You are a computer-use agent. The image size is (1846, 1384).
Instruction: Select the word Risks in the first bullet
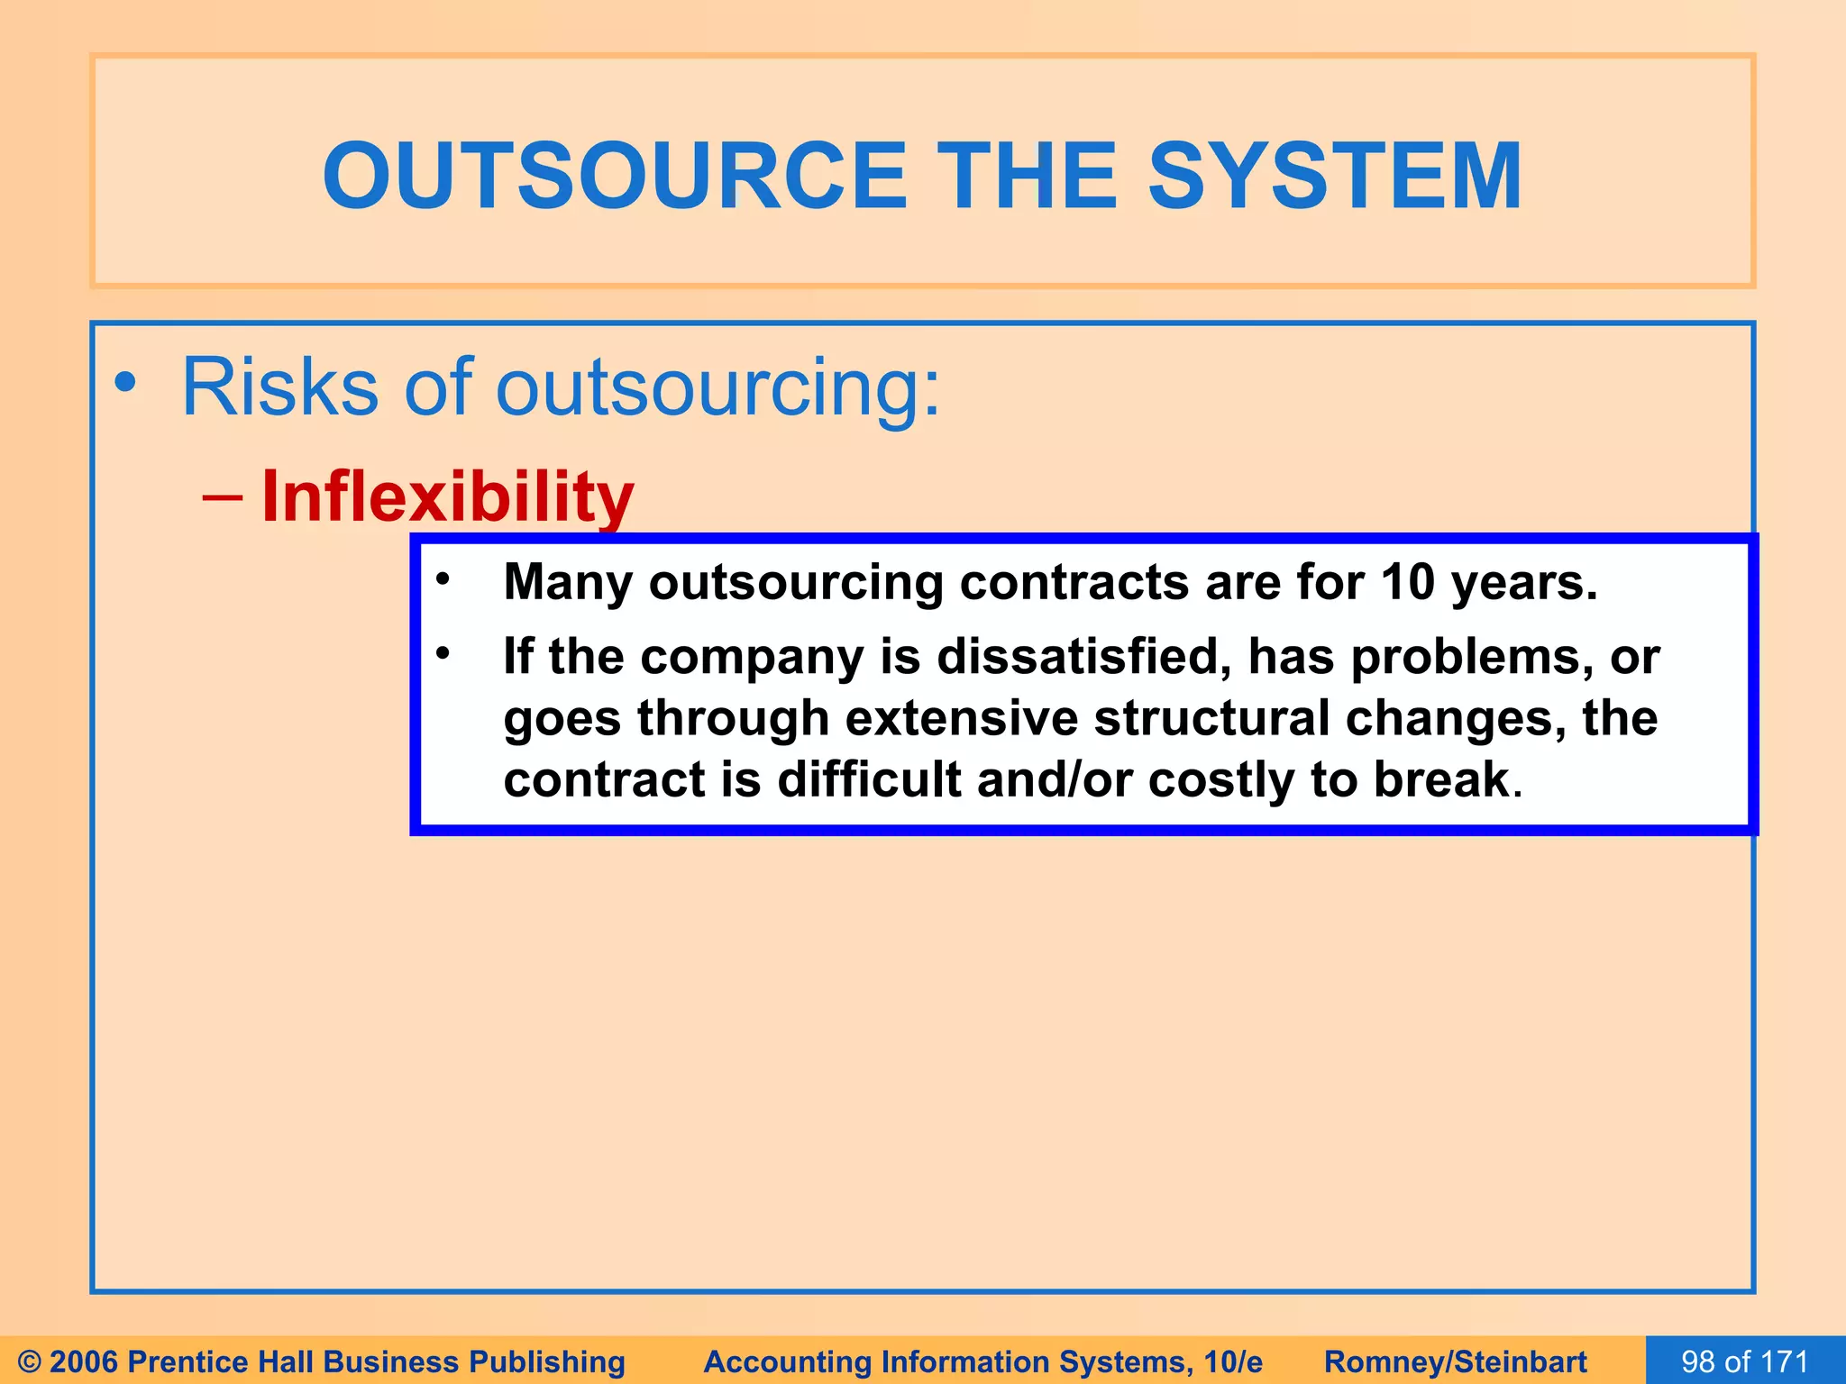[x=279, y=387]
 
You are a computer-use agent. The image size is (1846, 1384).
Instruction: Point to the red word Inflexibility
[x=448, y=497]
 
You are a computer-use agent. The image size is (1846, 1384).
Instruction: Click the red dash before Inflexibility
[x=223, y=497]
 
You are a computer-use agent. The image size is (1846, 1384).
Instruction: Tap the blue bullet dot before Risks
[x=126, y=382]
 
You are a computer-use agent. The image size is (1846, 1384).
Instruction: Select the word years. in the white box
[x=1524, y=582]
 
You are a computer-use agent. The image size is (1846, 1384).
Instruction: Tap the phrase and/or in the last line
[x=1055, y=779]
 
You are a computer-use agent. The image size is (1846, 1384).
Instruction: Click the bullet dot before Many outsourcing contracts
[x=442, y=580]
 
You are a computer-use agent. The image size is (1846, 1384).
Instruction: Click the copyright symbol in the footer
[x=30, y=1361]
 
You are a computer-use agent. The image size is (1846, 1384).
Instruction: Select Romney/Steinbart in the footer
[x=1455, y=1361]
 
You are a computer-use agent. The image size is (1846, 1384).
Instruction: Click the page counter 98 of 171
[x=1745, y=1361]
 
